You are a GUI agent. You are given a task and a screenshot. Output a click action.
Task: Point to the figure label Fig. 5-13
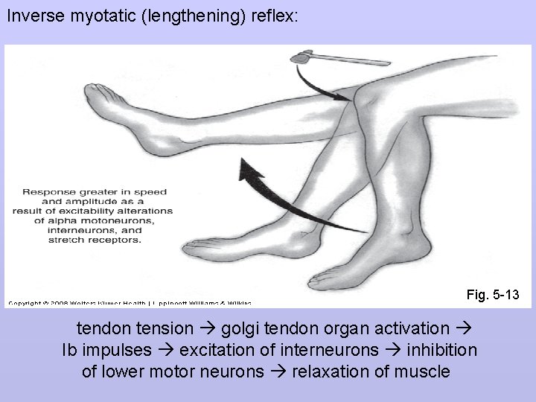[493, 296]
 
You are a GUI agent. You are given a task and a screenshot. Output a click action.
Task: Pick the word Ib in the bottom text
[71, 350]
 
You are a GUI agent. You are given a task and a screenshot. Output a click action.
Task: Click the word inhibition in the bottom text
[440, 350]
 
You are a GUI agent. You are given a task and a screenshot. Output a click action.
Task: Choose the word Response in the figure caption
[46, 191]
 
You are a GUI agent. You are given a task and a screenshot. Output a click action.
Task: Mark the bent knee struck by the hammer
[368, 93]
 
